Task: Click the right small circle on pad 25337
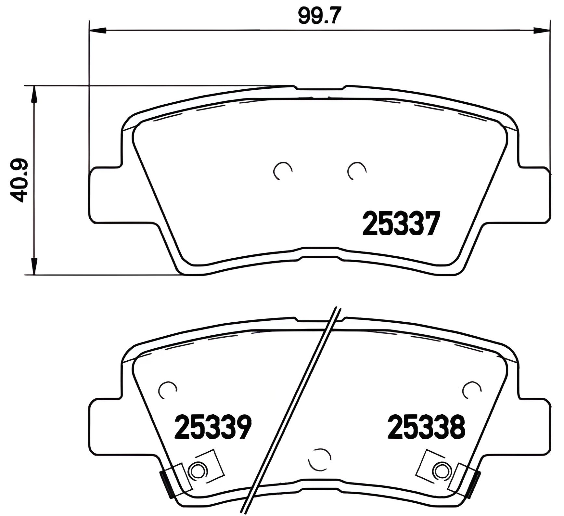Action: tap(356, 170)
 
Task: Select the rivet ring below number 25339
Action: tap(197, 470)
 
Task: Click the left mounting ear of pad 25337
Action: tap(106, 195)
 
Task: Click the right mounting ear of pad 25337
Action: tap(534, 195)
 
